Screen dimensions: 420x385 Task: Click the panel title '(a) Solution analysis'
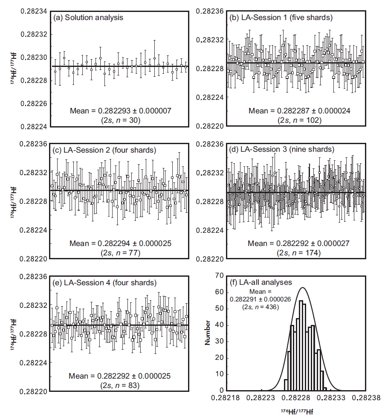(x=88, y=17)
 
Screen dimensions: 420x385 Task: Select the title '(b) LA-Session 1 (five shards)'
(x=281, y=17)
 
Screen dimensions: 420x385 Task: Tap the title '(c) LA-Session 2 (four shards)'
(x=104, y=150)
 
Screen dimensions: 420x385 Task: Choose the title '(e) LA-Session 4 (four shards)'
(x=104, y=283)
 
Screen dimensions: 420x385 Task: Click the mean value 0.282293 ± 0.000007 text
(x=121, y=111)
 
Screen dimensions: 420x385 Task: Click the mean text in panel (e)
(x=121, y=376)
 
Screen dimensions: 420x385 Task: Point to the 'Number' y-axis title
(x=208, y=333)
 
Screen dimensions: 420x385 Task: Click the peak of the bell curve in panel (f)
(x=302, y=287)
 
